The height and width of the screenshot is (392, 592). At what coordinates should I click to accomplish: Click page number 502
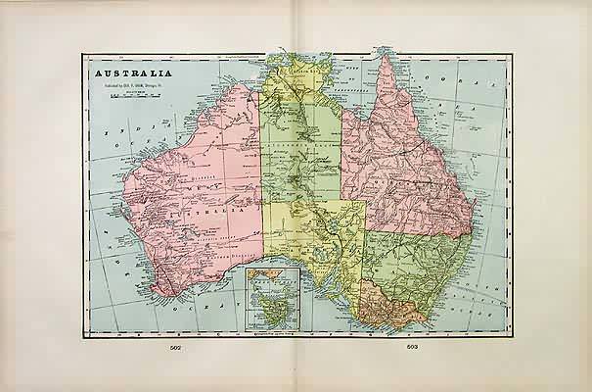[x=175, y=347]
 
